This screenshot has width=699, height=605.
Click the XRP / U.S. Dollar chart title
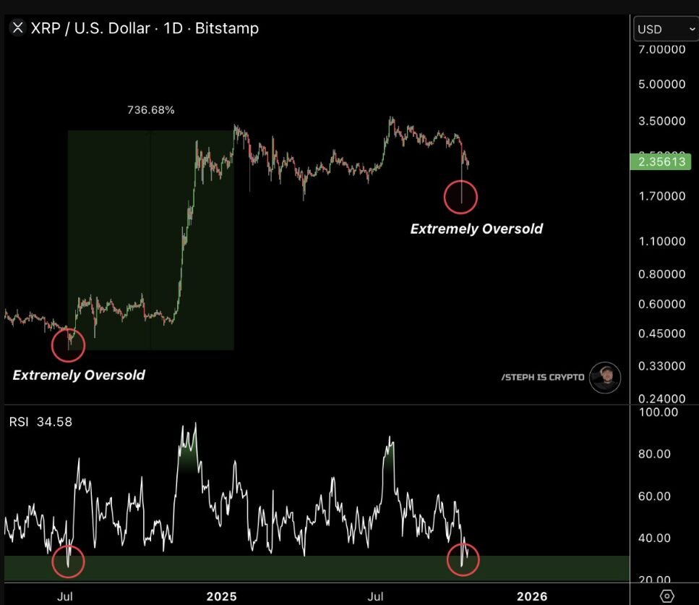[x=144, y=29]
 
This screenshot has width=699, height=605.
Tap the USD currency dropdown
[x=664, y=30]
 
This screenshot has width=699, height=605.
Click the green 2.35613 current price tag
[x=659, y=161]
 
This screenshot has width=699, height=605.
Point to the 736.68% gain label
[x=150, y=110]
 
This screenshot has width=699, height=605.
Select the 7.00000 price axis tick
[x=661, y=49]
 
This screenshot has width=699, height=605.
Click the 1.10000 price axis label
[x=661, y=242]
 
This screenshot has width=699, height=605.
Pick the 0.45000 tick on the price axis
[x=661, y=334]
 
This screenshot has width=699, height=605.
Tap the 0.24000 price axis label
[x=661, y=399]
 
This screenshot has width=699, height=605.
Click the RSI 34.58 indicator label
[x=41, y=422]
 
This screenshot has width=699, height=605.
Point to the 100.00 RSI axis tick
[x=660, y=412]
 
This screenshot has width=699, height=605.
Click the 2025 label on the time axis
[x=221, y=596]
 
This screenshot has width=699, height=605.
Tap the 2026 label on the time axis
[x=531, y=596]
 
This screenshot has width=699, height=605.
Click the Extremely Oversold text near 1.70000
[x=476, y=229]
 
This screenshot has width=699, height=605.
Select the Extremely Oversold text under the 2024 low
[x=79, y=375]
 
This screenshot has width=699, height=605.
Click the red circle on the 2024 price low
[x=69, y=345]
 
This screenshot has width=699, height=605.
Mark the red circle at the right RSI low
[x=463, y=561]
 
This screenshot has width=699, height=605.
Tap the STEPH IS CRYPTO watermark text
[x=542, y=377]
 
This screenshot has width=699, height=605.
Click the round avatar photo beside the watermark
[x=604, y=377]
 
